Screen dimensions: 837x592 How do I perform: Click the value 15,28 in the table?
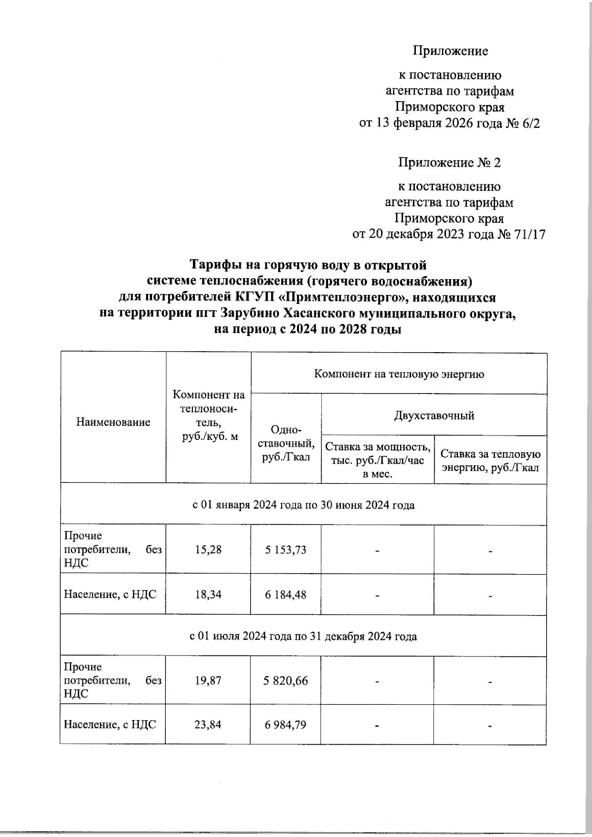[208, 549]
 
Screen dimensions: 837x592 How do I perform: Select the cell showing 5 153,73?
[286, 549]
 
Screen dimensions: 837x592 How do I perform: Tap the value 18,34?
[208, 594]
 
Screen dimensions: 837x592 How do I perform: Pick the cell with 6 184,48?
[286, 594]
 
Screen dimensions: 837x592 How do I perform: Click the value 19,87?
[208, 681]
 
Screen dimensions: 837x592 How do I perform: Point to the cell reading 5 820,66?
[286, 681]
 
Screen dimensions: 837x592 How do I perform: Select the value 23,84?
[208, 725]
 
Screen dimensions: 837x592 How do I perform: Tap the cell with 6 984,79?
[286, 725]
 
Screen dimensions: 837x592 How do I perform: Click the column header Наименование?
[113, 422]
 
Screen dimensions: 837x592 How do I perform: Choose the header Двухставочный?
[434, 415]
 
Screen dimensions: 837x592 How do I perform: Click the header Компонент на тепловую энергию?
[399, 374]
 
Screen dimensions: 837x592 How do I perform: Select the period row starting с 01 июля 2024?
[303, 636]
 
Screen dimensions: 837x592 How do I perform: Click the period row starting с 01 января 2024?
[303, 505]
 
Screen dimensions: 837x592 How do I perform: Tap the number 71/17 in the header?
[530, 234]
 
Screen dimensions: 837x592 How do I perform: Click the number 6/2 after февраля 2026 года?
[530, 123]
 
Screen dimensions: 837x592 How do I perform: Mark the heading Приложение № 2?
[449, 163]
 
